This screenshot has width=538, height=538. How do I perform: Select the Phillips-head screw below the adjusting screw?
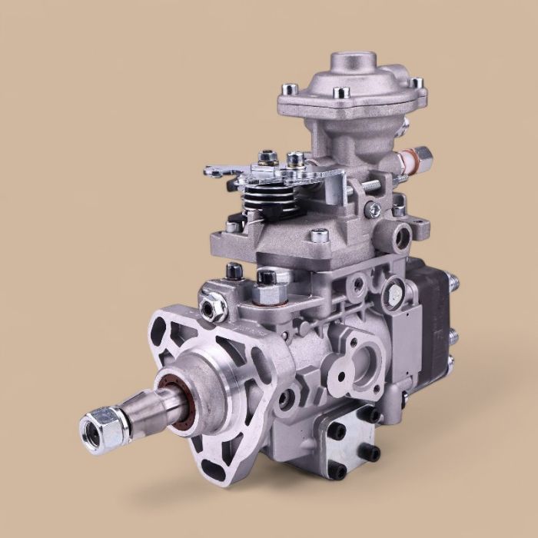click(x=374, y=208)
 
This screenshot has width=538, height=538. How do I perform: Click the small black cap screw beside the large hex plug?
click(x=232, y=271)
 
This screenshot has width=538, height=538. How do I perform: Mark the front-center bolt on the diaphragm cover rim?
click(x=343, y=93)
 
